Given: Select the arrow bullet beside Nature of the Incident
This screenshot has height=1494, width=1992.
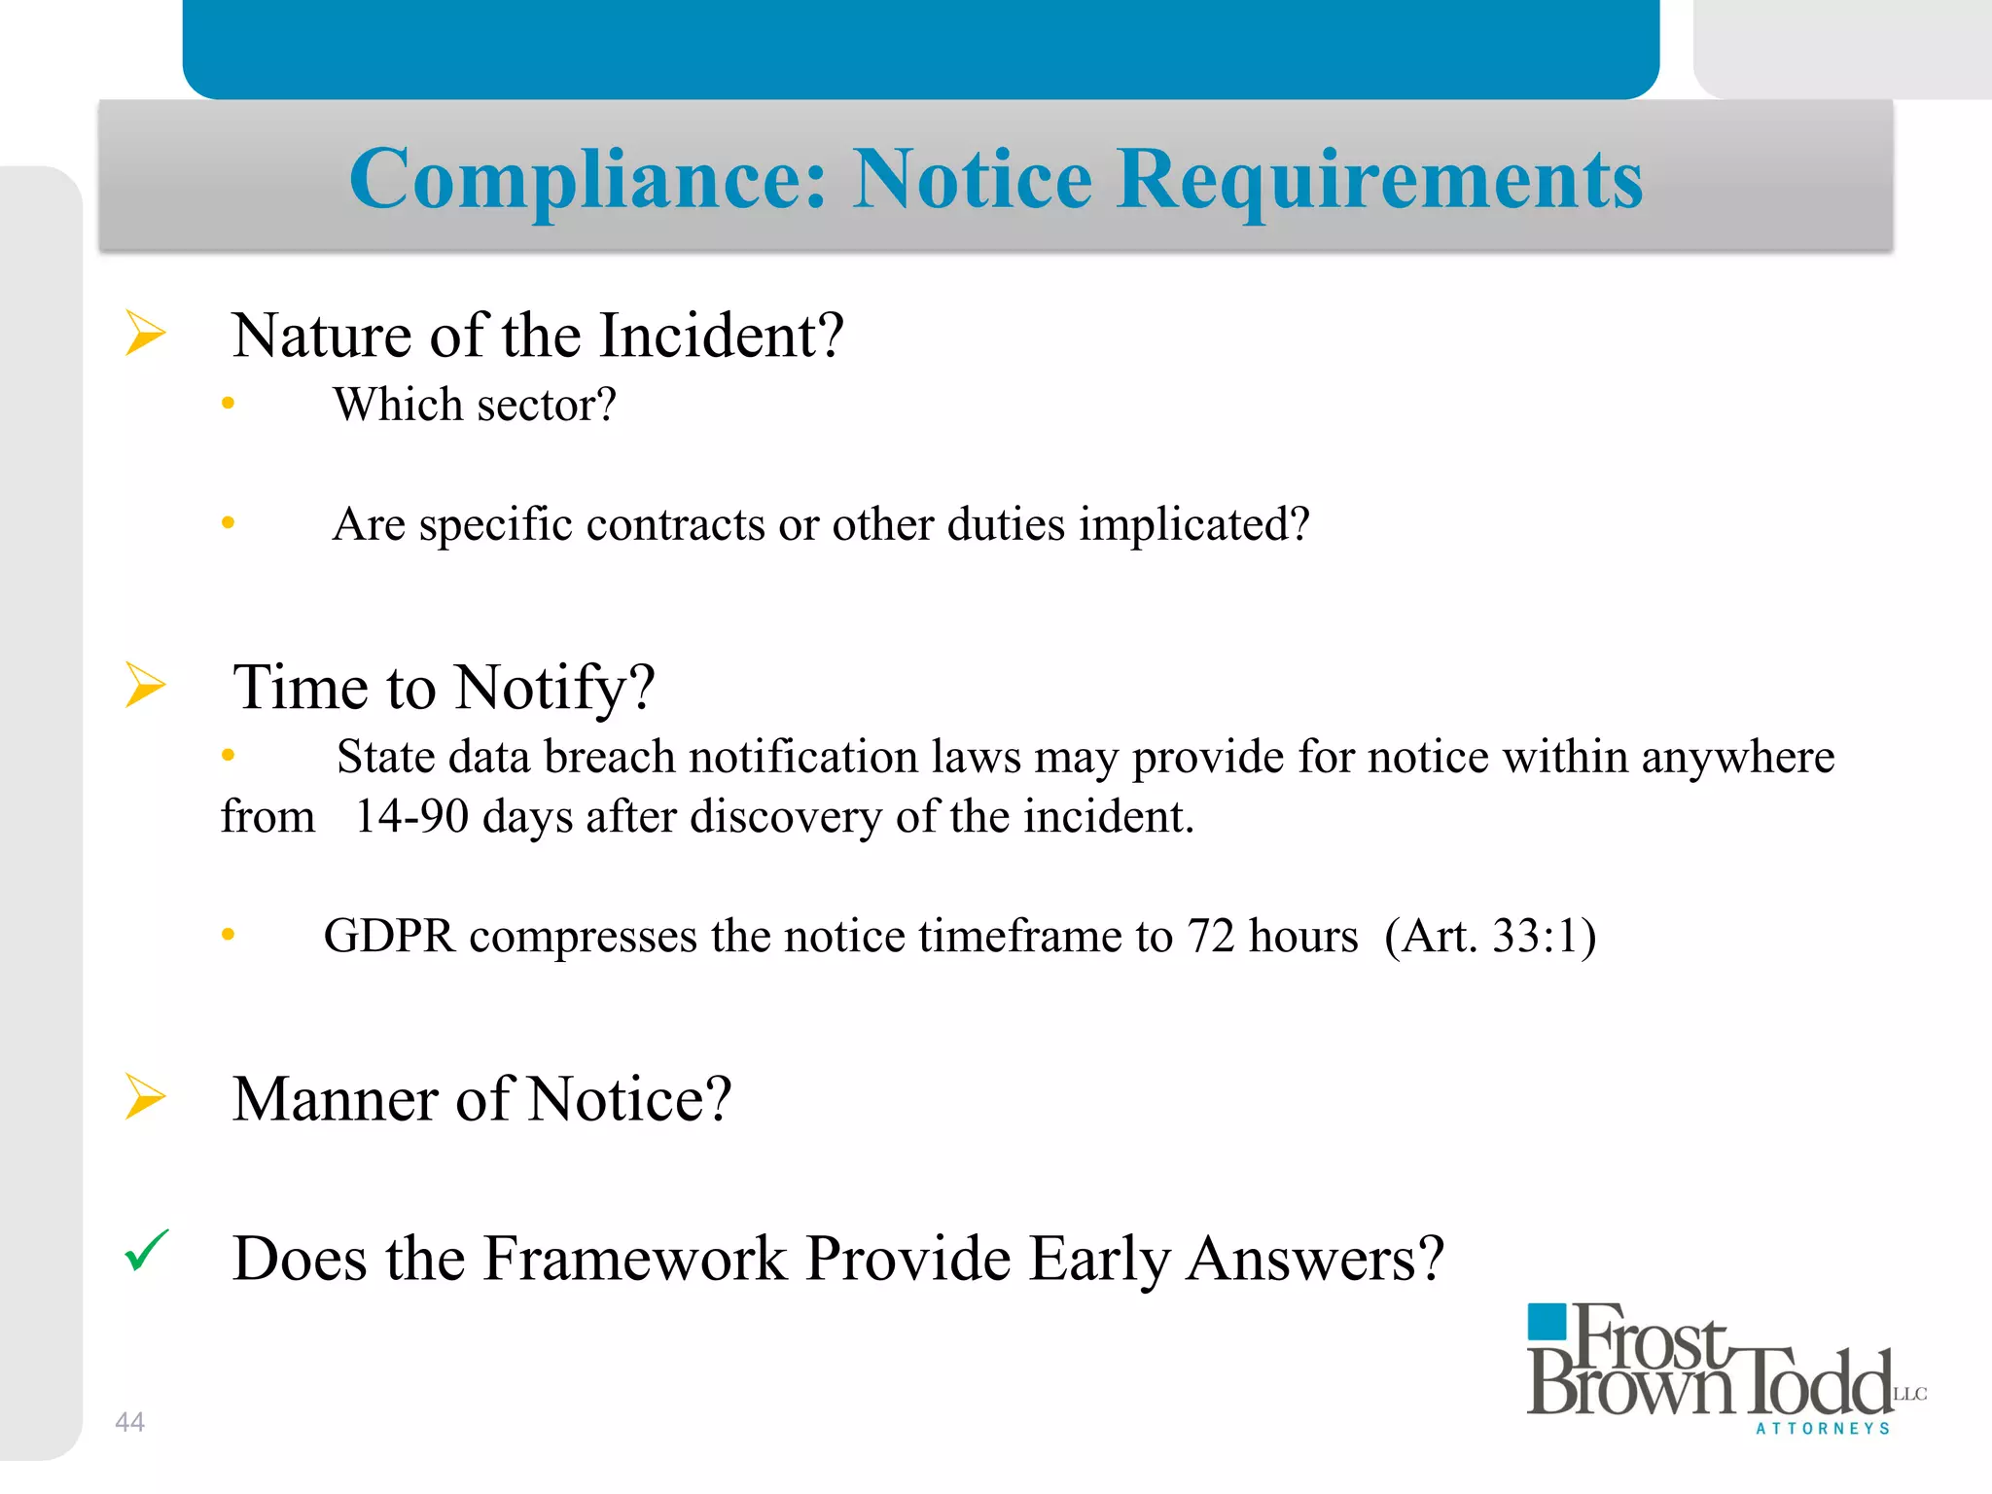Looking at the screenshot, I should [146, 334].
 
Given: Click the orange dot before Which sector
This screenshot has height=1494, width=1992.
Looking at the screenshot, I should [229, 403].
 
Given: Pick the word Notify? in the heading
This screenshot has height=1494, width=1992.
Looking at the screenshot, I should [554, 688].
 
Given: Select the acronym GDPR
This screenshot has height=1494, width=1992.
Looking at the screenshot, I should [389, 936].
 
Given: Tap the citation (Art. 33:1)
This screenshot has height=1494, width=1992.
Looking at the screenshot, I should [1490, 936].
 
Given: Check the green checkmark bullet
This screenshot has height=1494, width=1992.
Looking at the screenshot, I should [147, 1251].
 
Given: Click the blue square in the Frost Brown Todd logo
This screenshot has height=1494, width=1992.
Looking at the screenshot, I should [1547, 1323].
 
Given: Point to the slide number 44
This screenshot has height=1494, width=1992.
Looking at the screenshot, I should [129, 1422].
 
